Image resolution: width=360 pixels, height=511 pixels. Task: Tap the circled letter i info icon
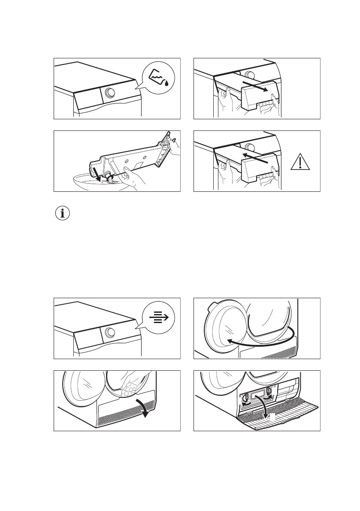click(x=63, y=214)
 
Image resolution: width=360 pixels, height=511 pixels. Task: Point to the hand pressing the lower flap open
click(x=129, y=386)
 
